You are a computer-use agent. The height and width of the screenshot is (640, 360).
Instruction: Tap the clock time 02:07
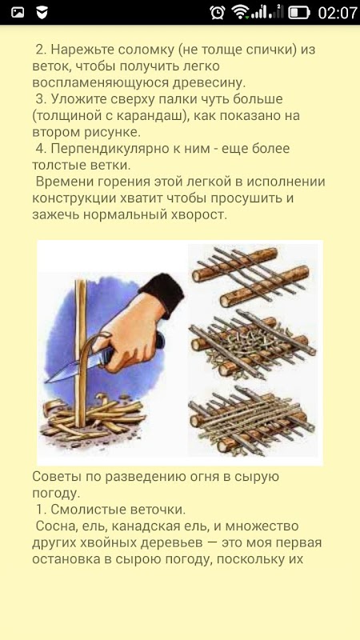(337, 13)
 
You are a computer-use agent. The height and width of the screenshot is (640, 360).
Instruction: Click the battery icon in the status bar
(298, 13)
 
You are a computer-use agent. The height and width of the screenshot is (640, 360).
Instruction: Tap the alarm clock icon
(217, 12)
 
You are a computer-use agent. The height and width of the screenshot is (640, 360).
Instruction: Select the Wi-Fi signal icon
(240, 12)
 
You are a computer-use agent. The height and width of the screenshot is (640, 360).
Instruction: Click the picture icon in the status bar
(18, 13)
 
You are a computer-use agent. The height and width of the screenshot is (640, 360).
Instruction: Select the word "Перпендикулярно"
(102, 149)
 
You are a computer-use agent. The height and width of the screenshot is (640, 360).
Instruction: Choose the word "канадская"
(160, 526)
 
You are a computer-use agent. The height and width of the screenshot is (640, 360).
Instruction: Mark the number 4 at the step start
(39, 149)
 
